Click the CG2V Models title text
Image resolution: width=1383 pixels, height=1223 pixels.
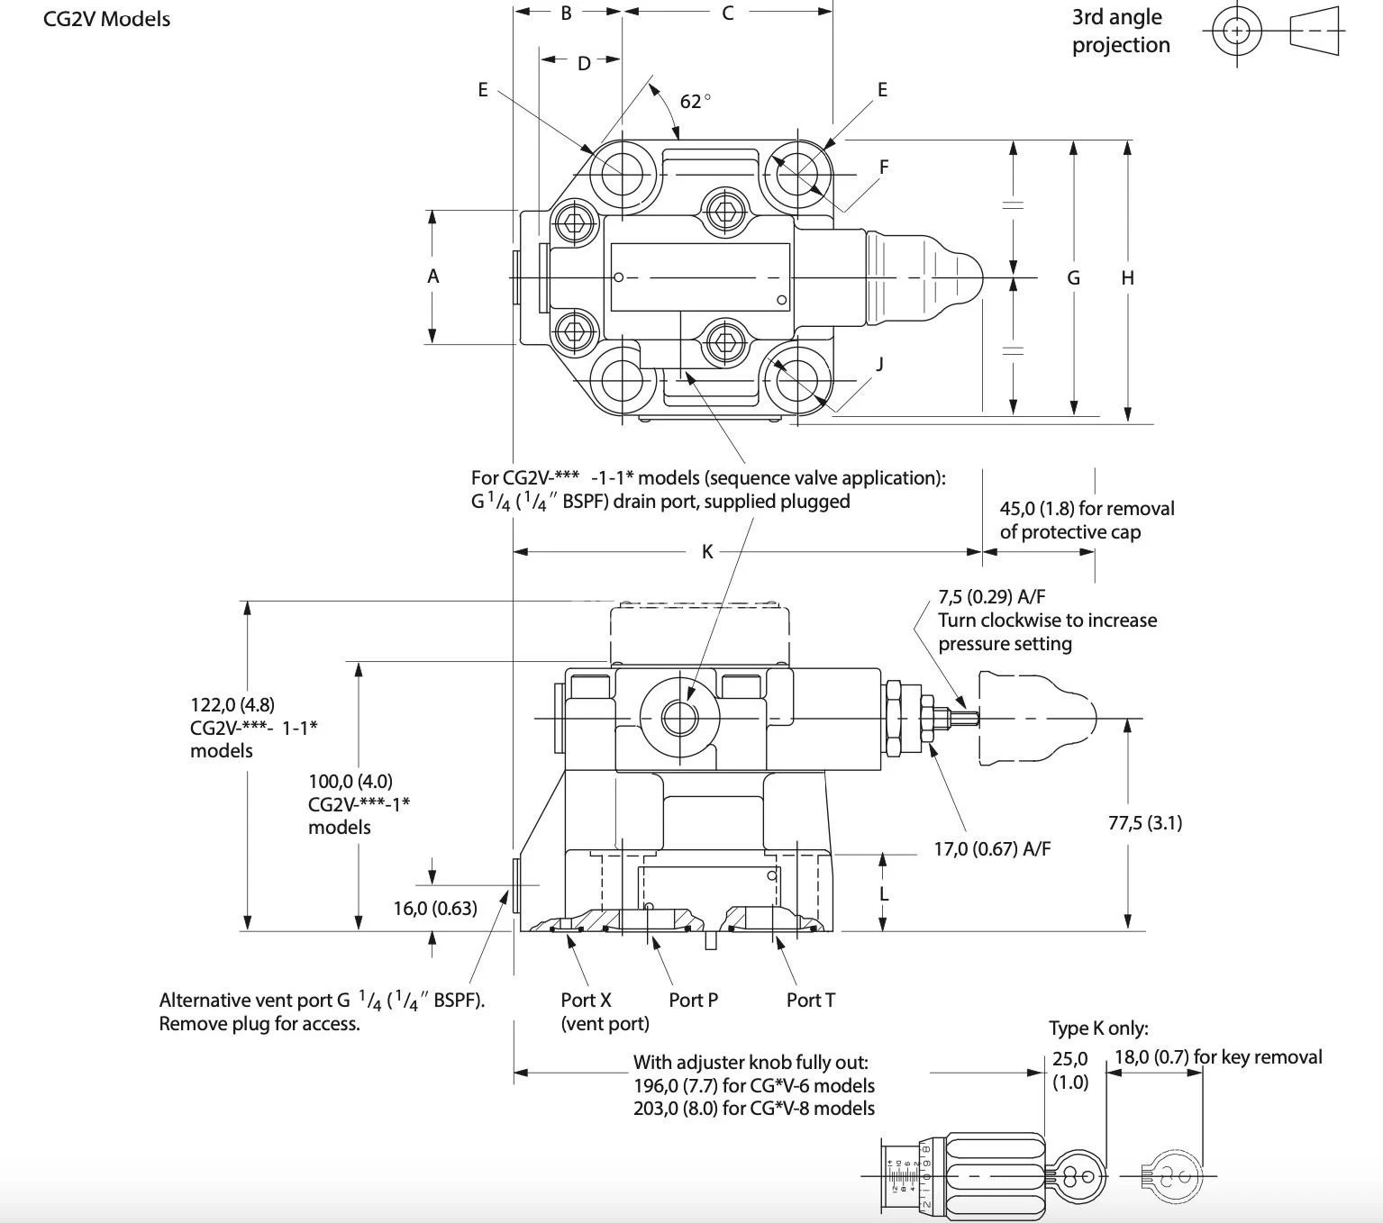click(106, 19)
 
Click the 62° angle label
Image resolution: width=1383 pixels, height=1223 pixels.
click(695, 102)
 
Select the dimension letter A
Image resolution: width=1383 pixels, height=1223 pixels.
click(432, 276)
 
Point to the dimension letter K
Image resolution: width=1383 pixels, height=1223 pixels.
click(707, 552)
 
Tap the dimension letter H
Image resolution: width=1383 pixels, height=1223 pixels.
click(1127, 278)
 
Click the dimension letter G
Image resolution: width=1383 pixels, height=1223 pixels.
click(1073, 278)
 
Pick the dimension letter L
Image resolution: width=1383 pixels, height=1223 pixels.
click(884, 893)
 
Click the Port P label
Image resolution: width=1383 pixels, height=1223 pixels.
click(693, 1000)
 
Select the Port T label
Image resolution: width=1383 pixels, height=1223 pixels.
click(810, 1000)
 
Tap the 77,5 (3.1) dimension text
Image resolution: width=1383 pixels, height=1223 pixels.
click(1144, 822)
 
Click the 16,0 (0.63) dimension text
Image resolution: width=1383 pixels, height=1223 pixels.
click(435, 908)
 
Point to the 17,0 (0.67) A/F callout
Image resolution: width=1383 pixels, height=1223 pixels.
click(991, 848)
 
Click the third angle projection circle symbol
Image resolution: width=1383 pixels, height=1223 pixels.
click(1236, 31)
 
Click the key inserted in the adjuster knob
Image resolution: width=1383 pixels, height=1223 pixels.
click(1077, 1175)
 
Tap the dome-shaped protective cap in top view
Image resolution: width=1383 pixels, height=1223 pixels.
click(924, 277)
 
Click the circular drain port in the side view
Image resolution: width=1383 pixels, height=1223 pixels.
click(679, 717)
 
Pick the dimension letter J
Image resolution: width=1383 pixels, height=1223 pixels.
click(879, 363)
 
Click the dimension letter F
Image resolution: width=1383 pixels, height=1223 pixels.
click(884, 167)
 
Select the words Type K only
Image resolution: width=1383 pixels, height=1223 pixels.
click(1097, 1028)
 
